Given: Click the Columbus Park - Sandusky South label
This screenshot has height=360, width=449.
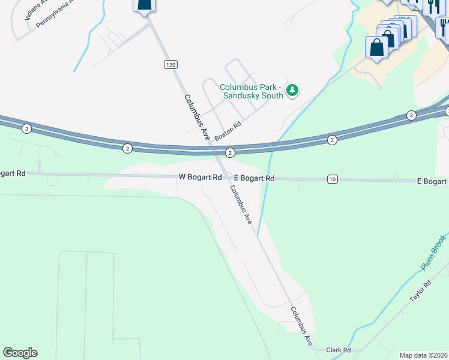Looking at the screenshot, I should coord(251,91).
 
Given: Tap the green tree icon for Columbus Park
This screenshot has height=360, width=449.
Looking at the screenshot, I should coord(292,91).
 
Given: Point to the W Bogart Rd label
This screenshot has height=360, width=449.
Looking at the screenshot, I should coord(200,178).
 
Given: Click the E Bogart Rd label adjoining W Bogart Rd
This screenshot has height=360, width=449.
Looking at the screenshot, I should coord(254,178).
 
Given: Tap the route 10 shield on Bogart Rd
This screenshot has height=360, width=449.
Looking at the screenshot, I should coord(333,179).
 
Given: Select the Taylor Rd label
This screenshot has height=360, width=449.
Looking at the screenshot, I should coord(420,292).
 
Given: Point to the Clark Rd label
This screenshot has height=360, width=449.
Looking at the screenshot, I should coord(338,350).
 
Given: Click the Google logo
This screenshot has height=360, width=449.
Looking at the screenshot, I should coord(20,353).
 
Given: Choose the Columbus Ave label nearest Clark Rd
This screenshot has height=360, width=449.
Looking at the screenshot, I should coord(302,326).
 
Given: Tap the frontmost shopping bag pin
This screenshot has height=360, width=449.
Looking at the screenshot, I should coord(377,48).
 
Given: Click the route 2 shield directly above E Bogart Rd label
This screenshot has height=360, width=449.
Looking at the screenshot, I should coord(230,153).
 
